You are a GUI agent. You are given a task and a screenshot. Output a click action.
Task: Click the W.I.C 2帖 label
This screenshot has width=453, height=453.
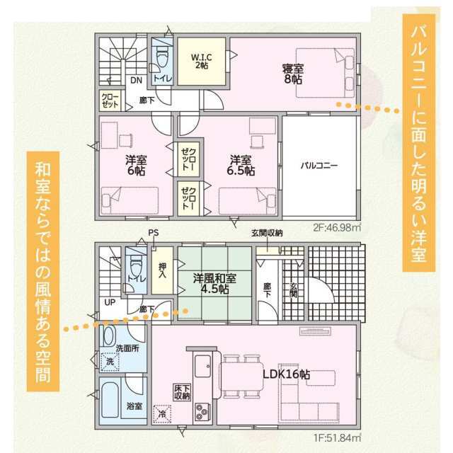click(x=201, y=61)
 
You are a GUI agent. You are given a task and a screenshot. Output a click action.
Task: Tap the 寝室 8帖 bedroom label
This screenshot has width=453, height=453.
click(x=293, y=74)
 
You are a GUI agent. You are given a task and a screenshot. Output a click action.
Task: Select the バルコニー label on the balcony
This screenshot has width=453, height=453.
click(x=319, y=166)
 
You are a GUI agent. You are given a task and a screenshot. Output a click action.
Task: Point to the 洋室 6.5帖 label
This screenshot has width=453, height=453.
click(x=241, y=166)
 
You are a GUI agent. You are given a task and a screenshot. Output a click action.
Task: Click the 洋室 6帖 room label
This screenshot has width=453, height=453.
click(x=136, y=166)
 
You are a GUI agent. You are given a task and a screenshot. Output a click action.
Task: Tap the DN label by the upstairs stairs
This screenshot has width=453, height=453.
click(x=136, y=80)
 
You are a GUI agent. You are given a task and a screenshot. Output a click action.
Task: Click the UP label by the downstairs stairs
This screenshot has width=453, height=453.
click(x=110, y=302)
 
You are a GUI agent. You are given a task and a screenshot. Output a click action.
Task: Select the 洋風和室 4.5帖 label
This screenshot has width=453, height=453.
click(x=214, y=283)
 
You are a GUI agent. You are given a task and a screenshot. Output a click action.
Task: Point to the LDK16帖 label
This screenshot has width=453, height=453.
click(x=286, y=374)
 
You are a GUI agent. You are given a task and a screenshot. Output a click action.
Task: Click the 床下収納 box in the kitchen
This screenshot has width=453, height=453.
click(x=183, y=392)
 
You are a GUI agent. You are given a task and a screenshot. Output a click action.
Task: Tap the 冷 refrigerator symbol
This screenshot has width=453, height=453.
click(x=162, y=414)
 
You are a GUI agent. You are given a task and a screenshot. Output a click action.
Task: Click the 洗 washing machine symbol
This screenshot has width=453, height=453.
click(x=110, y=361)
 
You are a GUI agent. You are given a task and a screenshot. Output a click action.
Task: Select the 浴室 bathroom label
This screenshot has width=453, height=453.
click(x=134, y=406)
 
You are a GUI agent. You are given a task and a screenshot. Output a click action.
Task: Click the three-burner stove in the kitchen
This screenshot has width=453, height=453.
click(x=202, y=412)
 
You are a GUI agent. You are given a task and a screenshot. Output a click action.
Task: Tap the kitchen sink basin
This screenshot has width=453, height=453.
click(x=202, y=366)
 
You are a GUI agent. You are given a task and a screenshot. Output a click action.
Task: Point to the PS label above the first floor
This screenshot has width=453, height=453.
click(x=154, y=233)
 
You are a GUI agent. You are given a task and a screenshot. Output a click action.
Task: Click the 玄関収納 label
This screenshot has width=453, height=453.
click(x=267, y=233)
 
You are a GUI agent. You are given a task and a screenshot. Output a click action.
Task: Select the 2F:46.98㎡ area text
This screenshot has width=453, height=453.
click(x=337, y=228)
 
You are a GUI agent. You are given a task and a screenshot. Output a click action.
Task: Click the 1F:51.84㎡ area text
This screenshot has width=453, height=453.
click(x=338, y=438)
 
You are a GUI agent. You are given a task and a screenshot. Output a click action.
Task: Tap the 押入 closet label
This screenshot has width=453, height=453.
click(x=162, y=270)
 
